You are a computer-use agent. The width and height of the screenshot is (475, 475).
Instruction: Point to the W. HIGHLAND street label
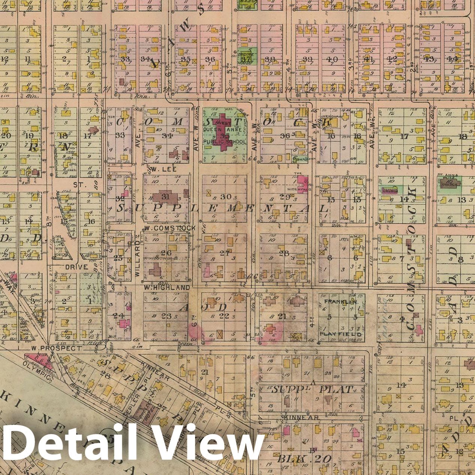pos(167,288)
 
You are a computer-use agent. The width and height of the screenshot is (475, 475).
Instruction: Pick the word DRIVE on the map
pos(76,267)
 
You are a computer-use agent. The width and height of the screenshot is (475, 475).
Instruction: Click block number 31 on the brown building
pos(165,197)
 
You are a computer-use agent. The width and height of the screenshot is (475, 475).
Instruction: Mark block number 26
pos(166,253)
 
